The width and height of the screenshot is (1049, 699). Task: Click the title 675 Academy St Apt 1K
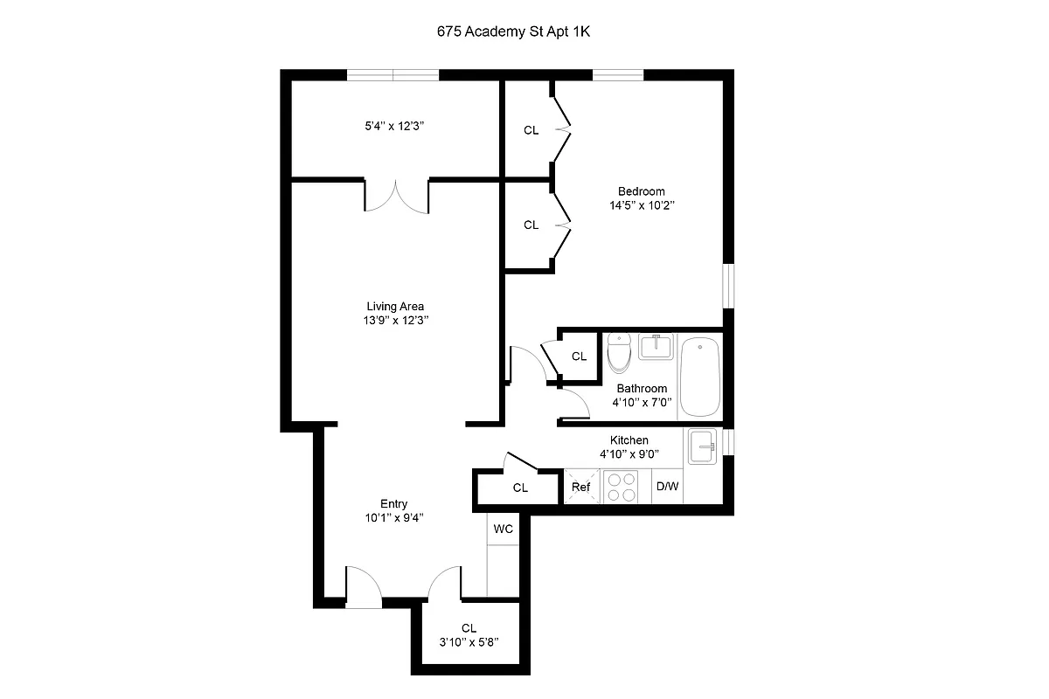(x=521, y=31)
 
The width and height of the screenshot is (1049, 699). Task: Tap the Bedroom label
(x=641, y=191)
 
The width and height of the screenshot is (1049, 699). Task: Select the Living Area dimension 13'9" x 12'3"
(x=395, y=321)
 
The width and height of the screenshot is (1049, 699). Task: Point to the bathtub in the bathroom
(x=699, y=377)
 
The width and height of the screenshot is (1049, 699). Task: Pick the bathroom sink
(x=656, y=347)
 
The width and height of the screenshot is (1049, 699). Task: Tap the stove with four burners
(x=622, y=487)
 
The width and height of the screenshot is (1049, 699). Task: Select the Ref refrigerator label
(x=580, y=488)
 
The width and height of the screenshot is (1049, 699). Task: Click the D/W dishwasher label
(x=667, y=488)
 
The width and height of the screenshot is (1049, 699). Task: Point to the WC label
(x=503, y=529)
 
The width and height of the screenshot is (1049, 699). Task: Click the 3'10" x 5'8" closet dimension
(x=469, y=642)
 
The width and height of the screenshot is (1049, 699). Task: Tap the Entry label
(x=393, y=503)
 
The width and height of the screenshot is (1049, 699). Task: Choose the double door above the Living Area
(x=396, y=196)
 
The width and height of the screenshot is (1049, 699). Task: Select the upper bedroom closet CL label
(x=531, y=130)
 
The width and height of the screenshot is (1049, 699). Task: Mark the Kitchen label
(x=629, y=440)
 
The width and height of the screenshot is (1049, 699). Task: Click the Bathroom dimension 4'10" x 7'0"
(x=642, y=403)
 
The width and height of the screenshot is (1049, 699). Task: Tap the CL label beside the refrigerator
(x=520, y=488)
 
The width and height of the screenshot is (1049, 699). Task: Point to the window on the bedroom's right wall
(x=728, y=285)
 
